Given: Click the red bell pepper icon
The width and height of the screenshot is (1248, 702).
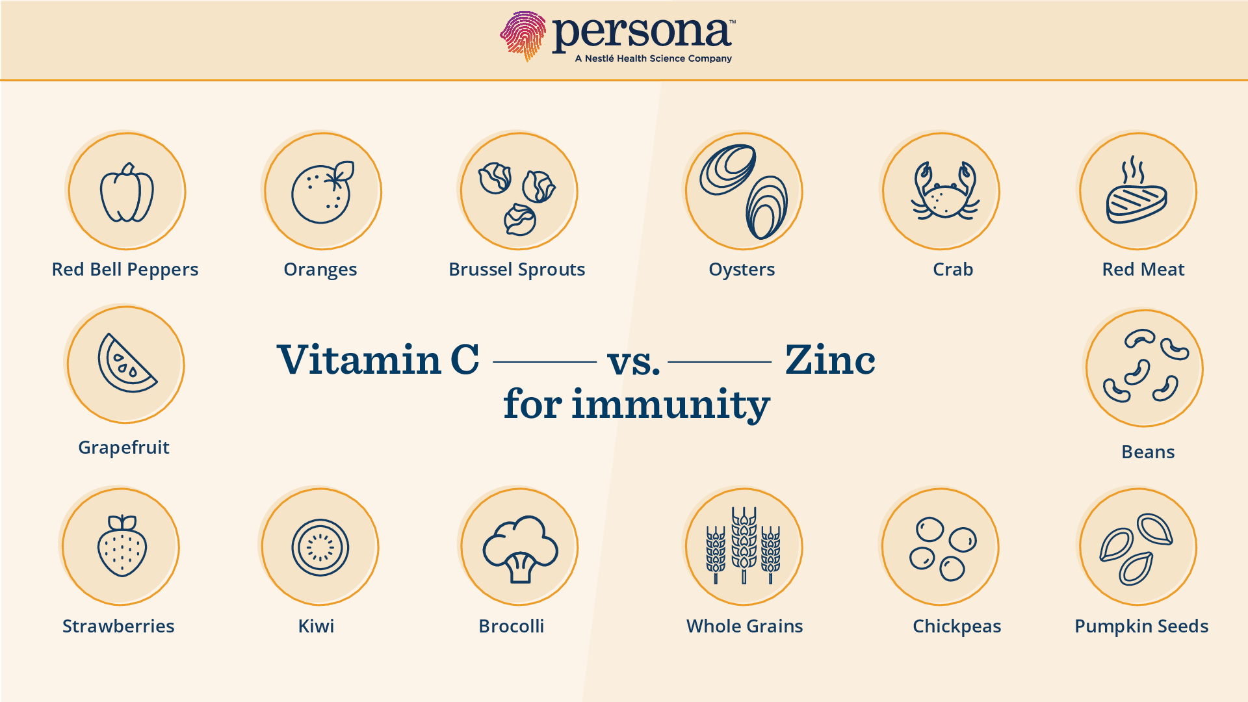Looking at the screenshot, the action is [x=127, y=192].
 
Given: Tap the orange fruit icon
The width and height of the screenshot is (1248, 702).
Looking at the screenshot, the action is [x=322, y=192].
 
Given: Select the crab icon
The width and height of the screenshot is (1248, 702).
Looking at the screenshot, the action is [x=945, y=190].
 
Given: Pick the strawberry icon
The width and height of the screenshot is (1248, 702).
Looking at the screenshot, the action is [x=122, y=546].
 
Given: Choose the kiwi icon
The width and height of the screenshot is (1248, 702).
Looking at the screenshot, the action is [x=320, y=547].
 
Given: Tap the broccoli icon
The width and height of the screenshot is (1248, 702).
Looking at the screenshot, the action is [x=520, y=549].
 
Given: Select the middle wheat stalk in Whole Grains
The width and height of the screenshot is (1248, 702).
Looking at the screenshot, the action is [x=744, y=545].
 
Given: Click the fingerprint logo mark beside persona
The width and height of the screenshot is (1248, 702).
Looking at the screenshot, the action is [x=523, y=36].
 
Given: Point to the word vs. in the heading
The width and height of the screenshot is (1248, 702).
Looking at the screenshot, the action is [x=634, y=363].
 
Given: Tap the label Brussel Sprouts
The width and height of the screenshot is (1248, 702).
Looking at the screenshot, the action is [x=517, y=269].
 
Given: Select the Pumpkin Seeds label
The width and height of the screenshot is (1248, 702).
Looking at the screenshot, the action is [x=1141, y=626].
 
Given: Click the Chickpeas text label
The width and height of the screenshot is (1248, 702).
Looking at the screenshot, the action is [x=957, y=626].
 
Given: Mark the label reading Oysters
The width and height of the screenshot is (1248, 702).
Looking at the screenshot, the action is [x=742, y=269].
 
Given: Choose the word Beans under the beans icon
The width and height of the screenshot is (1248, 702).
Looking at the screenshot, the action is [x=1148, y=452].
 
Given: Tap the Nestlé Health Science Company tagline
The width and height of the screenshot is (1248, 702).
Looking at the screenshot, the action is [x=653, y=58].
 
